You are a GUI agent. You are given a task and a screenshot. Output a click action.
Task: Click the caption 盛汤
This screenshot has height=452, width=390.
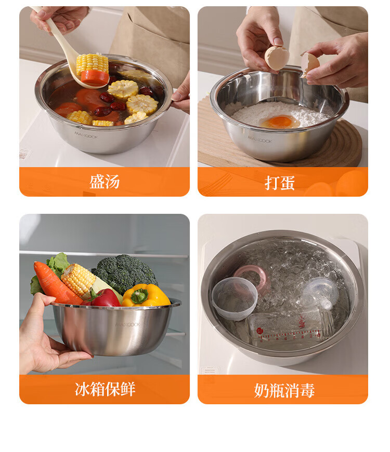coord(105,182)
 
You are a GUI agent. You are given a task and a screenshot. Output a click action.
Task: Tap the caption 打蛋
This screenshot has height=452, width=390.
coord(280,183)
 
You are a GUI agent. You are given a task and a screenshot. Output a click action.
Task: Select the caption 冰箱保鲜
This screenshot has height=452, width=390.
coord(105,389)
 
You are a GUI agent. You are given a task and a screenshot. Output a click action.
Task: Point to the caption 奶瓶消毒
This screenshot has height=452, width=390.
coord(284,390)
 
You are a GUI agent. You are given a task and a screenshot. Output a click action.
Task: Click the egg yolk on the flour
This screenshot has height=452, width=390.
coord(280,121)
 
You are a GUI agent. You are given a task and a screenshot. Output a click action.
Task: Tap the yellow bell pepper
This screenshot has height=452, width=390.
coord(146,295)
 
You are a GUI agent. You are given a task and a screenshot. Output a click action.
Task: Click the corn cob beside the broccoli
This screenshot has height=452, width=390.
coord(79,280)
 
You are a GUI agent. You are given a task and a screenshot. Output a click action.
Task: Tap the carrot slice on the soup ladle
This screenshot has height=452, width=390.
coord(95,77)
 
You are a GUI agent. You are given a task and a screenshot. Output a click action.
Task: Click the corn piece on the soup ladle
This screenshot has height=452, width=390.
coord(92,63)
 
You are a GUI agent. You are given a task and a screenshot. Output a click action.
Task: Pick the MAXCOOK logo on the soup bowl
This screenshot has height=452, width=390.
coord(86,135)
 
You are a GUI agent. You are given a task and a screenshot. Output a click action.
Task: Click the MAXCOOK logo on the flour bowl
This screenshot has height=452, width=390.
coord(260,140)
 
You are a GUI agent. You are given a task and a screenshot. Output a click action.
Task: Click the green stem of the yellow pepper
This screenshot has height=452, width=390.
coord(140,296)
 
